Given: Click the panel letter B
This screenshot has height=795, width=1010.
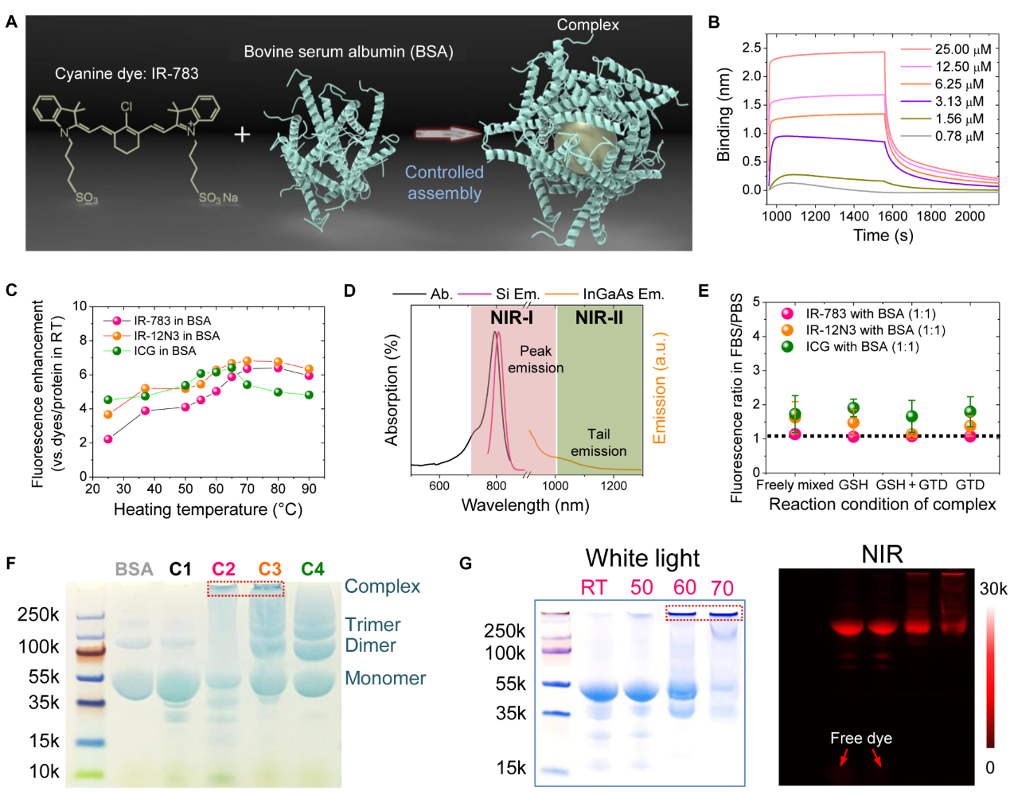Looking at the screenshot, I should click(714, 22).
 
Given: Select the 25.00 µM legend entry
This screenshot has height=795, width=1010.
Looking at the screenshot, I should click(963, 49).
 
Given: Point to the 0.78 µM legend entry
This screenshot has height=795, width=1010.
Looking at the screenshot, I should click(959, 136).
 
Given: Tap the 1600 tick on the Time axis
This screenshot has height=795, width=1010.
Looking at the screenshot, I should click(892, 216).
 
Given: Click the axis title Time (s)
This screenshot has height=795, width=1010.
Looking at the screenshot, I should click(883, 236).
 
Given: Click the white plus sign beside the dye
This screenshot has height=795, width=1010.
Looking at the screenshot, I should click(242, 134).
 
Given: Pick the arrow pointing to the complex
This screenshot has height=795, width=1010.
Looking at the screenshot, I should click(448, 134).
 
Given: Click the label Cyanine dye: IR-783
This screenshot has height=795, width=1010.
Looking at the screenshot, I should click(127, 74).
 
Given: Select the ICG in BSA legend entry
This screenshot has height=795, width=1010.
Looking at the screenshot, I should click(164, 351).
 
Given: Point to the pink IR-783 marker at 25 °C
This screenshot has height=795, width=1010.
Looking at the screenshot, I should click(108, 439).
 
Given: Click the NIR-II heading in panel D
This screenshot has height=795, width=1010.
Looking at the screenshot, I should click(599, 318).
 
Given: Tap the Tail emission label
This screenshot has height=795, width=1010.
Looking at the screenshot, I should click(599, 442).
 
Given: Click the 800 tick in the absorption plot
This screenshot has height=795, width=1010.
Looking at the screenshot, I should click(496, 485).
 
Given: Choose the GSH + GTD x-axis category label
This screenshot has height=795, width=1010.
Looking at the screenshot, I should click(911, 485).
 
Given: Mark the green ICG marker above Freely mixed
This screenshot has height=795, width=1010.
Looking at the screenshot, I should click(795, 415).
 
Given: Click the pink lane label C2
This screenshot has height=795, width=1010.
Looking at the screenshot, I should click(224, 569).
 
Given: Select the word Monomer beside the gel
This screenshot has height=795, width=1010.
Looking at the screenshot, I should click(385, 678).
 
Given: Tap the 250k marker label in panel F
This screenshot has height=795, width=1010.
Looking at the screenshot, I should click(38, 614).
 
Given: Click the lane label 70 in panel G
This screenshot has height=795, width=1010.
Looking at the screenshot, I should click(722, 588).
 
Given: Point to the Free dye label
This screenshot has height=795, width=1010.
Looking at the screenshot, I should click(860, 738).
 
